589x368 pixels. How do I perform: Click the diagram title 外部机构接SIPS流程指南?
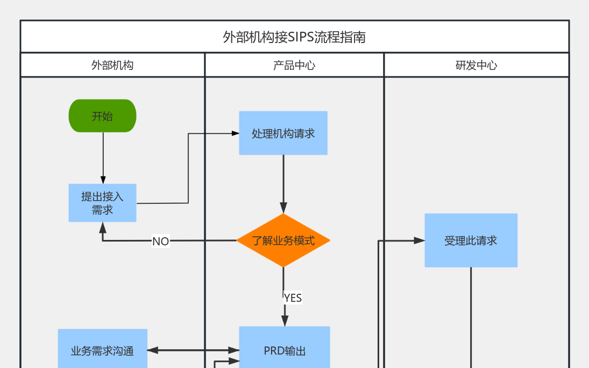(x=294, y=37)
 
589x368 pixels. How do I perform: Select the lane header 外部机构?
(x=112, y=65)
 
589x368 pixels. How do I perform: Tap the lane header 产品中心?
(x=294, y=65)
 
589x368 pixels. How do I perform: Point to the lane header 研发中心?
(x=476, y=65)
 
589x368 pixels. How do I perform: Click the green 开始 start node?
(x=102, y=116)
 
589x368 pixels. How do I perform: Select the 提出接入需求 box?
(x=102, y=203)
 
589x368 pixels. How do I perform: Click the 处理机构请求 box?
(x=283, y=133)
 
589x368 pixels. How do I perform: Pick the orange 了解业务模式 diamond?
(x=283, y=240)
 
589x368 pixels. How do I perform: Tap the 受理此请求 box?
(x=471, y=240)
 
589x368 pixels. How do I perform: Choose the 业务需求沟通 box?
(x=102, y=350)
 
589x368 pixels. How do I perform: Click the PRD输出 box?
(x=285, y=350)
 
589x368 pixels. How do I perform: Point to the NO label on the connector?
(x=160, y=242)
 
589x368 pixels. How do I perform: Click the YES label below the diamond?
(x=293, y=298)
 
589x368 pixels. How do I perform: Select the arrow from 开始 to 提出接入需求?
(x=103, y=156)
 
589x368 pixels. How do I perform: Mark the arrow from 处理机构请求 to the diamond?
(x=283, y=183)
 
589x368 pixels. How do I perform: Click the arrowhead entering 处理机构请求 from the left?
(x=235, y=133)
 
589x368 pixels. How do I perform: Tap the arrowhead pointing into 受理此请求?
(x=420, y=240)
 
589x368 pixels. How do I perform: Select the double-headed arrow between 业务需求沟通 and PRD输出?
(x=193, y=350)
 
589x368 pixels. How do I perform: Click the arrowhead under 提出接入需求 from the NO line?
(x=103, y=227)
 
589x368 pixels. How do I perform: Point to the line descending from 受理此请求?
(x=471, y=317)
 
